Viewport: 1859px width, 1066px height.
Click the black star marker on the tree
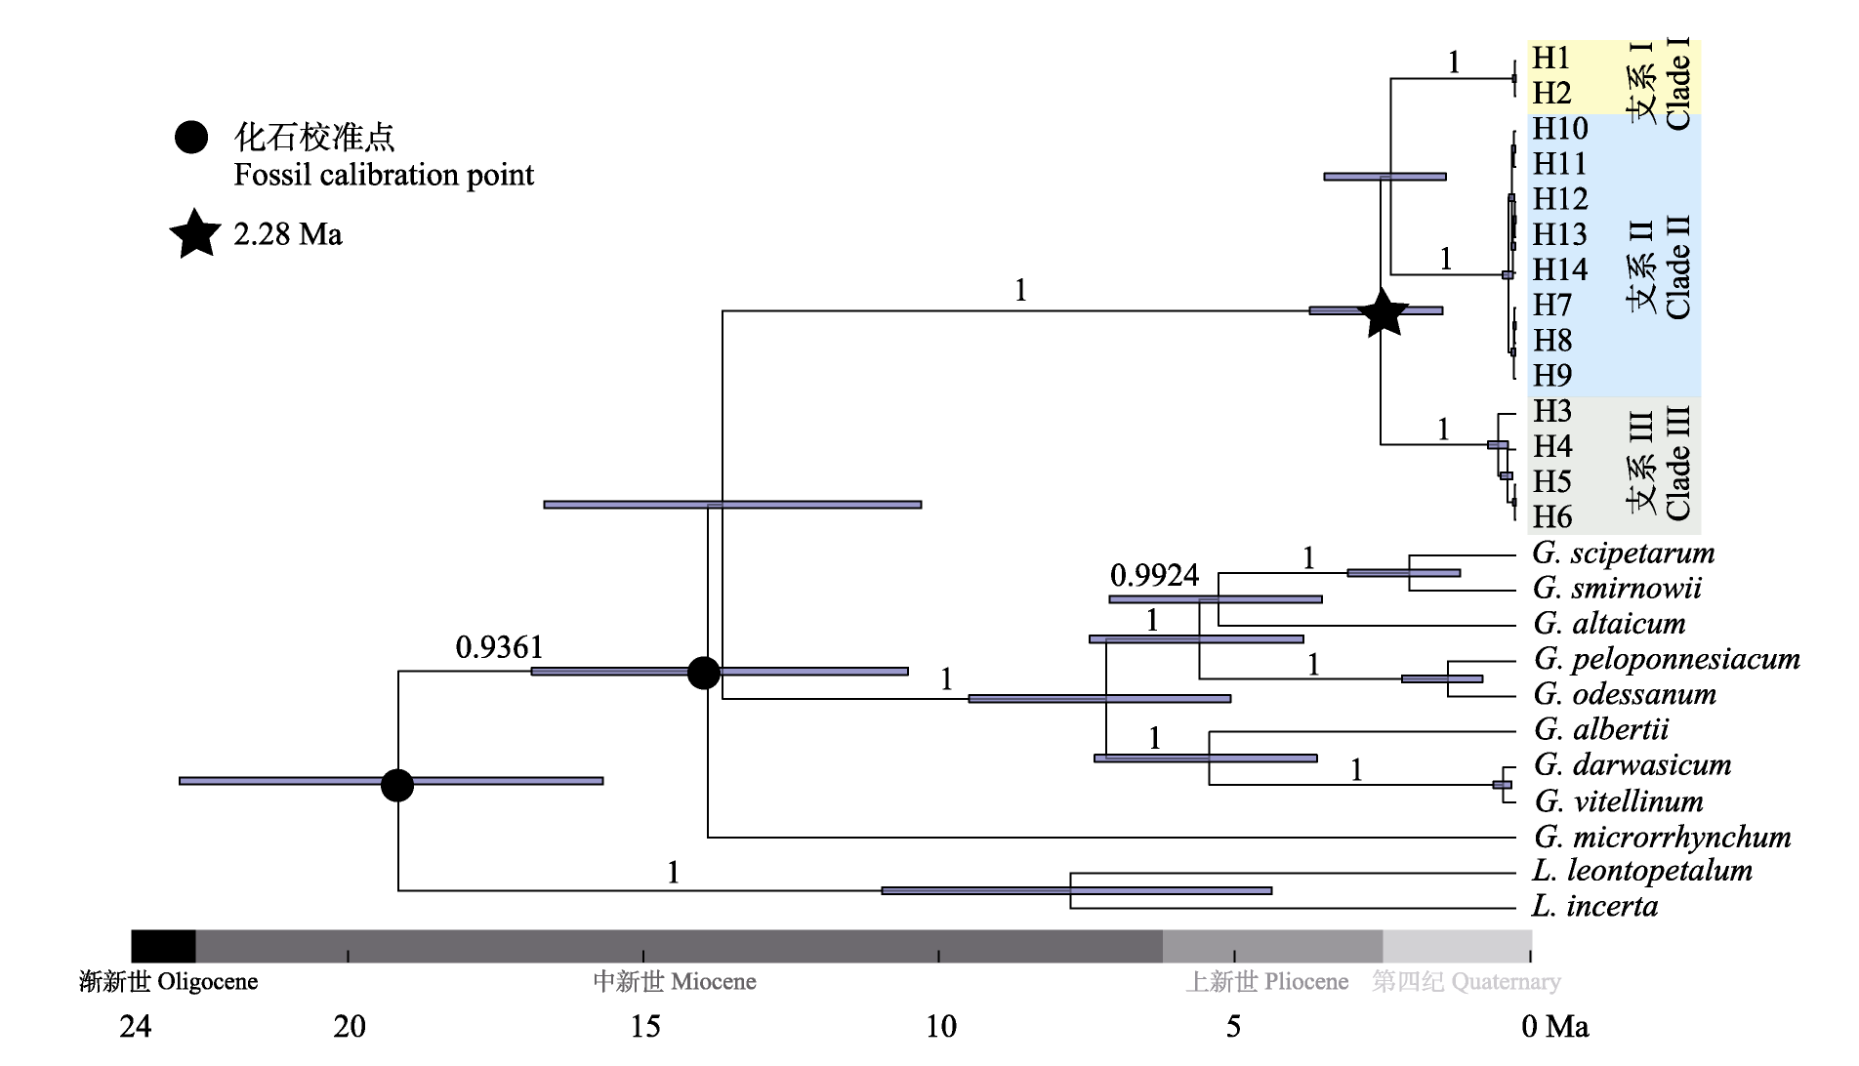pyautogui.click(x=1383, y=313)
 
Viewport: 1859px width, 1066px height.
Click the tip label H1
pyautogui.click(x=1550, y=59)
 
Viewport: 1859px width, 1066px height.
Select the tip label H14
pyautogui.click(x=1559, y=269)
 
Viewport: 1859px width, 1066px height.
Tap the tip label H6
pyautogui.click(x=1551, y=516)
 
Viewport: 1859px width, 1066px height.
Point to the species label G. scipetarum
pyautogui.click(x=1623, y=553)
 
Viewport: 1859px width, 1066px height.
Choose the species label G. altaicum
pyautogui.click(x=1609, y=623)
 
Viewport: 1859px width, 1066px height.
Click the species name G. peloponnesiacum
pyautogui.click(x=1666, y=659)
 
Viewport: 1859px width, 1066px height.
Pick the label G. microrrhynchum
pyautogui.click(x=1662, y=837)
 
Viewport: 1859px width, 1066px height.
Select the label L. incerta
pyautogui.click(x=1594, y=906)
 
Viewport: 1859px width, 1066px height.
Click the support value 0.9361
pyautogui.click(x=499, y=647)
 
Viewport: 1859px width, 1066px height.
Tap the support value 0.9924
pyautogui.click(x=1154, y=575)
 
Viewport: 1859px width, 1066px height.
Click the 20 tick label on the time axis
pyautogui.click(x=350, y=1026)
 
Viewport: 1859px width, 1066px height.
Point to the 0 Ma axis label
pyautogui.click(x=1554, y=1026)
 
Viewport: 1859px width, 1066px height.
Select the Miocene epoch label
pyautogui.click(x=675, y=981)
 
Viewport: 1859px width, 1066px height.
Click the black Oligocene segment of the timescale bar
pyautogui.click(x=163, y=946)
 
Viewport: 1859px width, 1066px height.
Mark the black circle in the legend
pyautogui.click(x=191, y=138)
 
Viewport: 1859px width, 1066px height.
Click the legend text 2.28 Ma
pyautogui.click(x=288, y=235)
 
